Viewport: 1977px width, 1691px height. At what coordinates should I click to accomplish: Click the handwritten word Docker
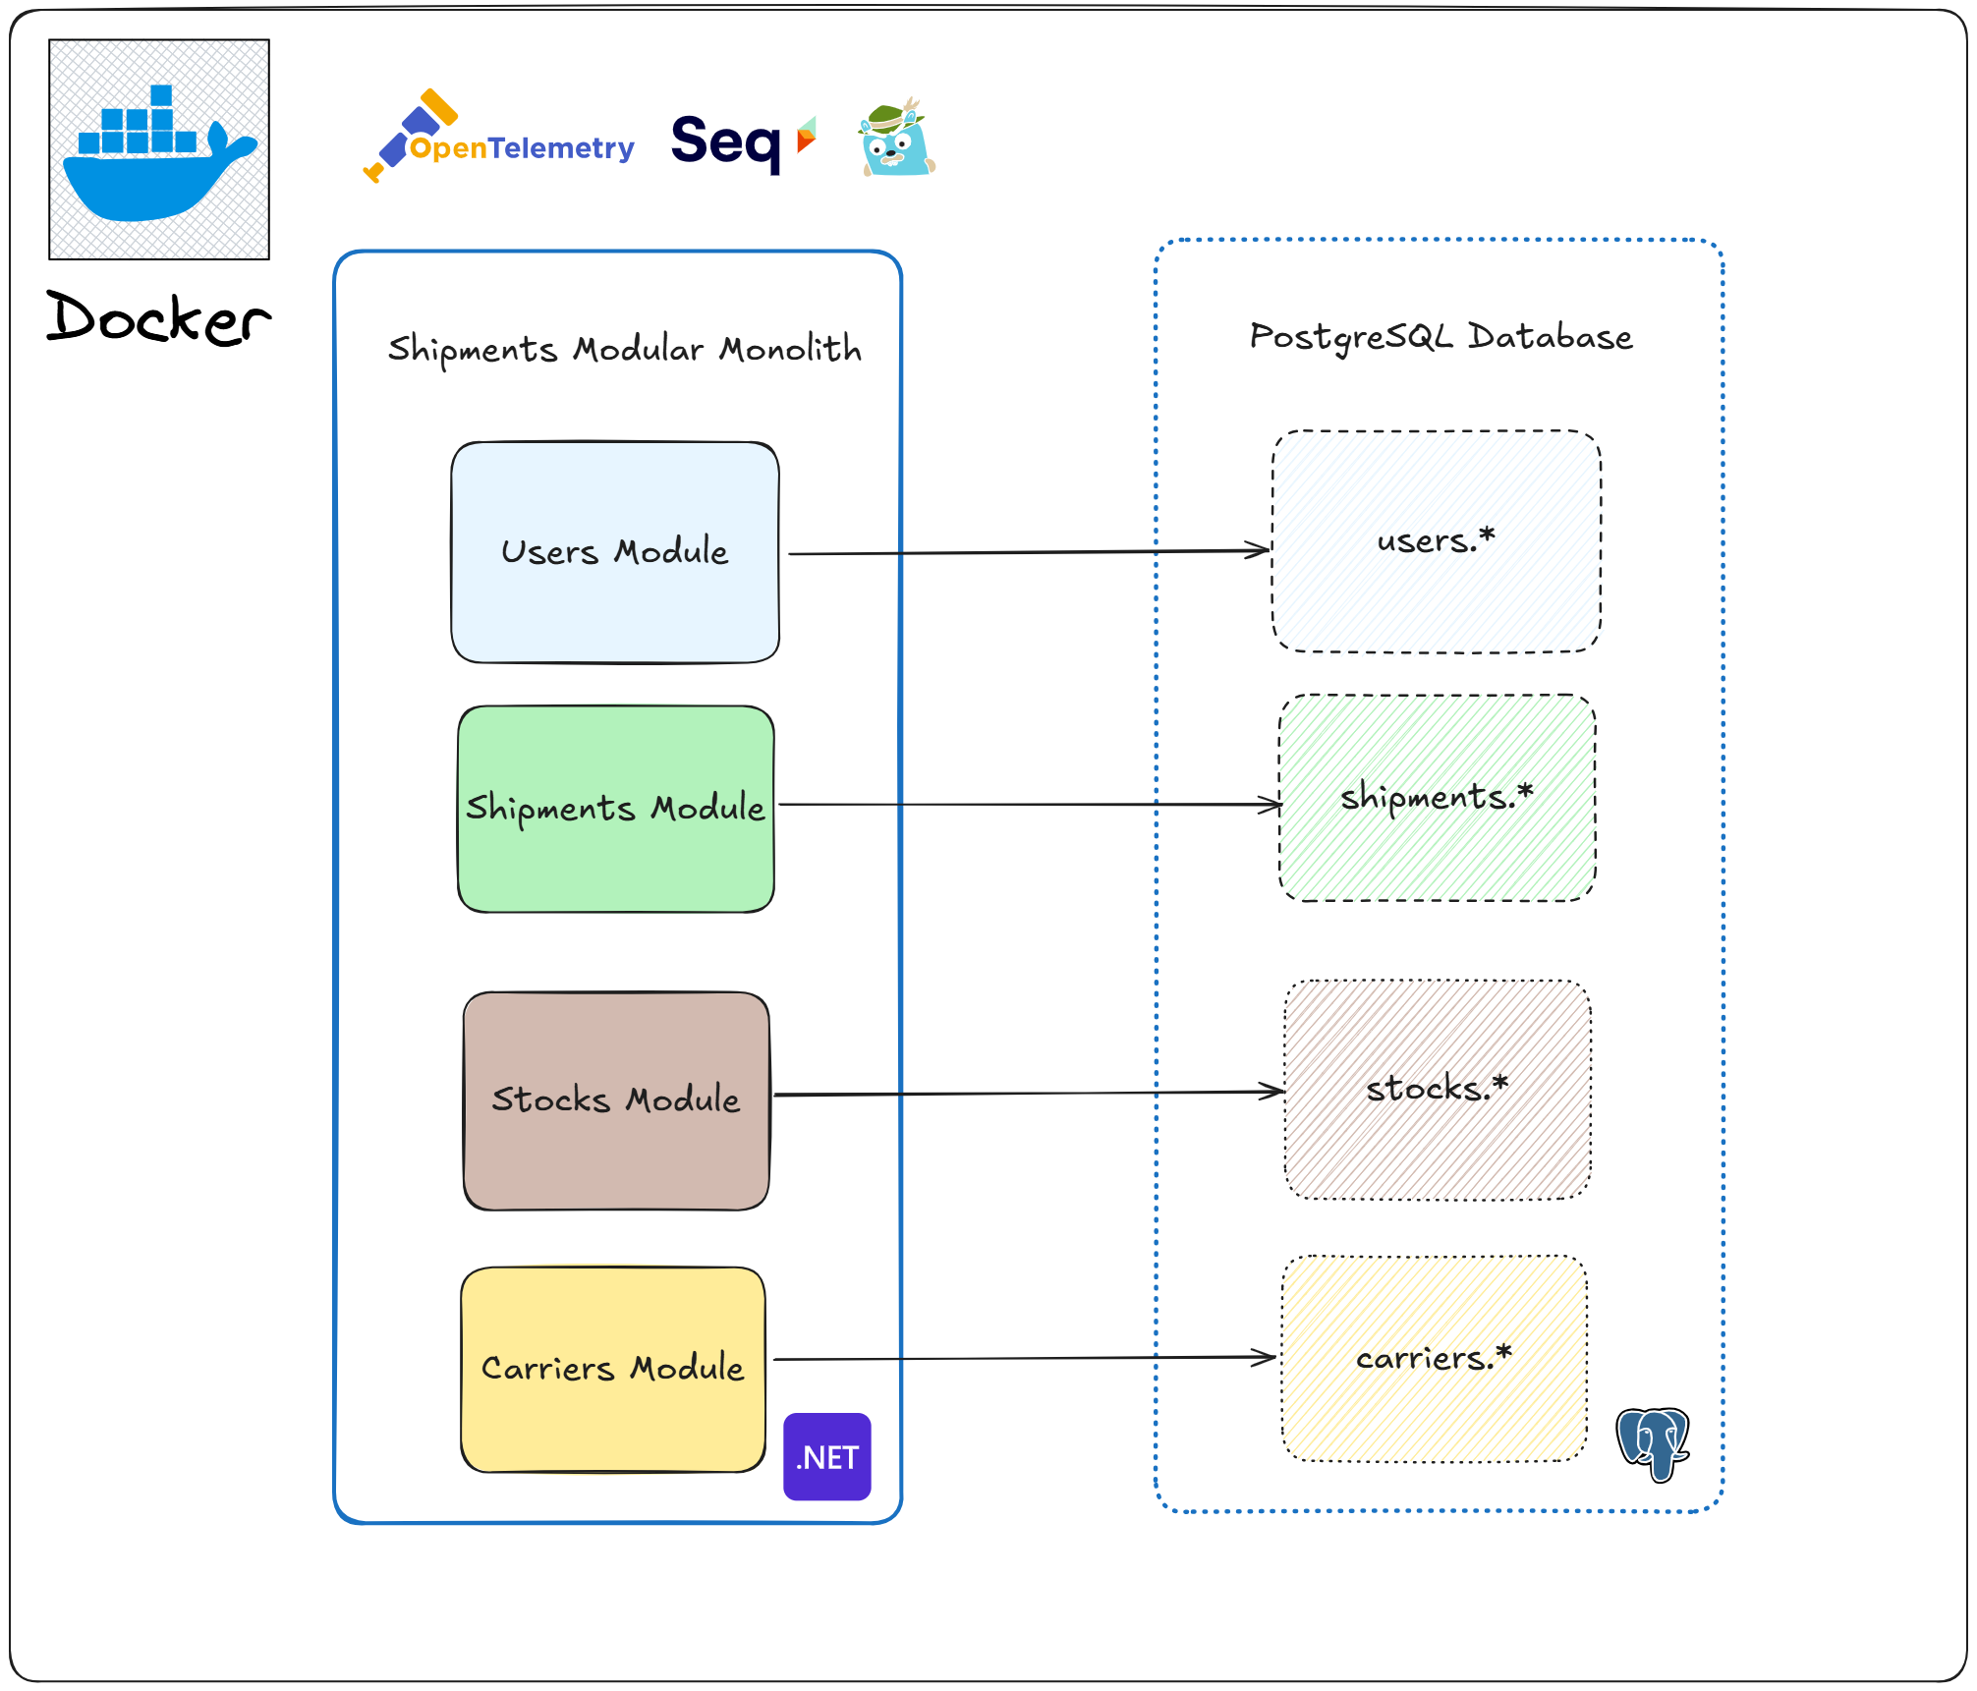coord(159,318)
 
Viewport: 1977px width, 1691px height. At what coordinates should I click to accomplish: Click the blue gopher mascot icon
coord(896,140)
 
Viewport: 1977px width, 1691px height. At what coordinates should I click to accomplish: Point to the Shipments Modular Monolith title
coord(625,349)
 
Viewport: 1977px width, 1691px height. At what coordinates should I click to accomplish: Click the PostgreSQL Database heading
coord(1440,337)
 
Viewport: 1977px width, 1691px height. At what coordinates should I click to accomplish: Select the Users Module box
coord(615,552)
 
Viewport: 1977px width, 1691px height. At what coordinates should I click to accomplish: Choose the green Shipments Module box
coord(616,809)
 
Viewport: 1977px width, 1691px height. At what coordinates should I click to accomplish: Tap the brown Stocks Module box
coord(616,1100)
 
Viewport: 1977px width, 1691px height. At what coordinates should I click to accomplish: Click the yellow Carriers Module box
coord(613,1369)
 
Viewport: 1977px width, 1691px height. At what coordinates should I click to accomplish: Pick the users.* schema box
coord(1436,541)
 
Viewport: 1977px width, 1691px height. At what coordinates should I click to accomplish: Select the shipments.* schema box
coord(1437,797)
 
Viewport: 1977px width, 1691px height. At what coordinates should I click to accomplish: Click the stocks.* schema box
coord(1437,1089)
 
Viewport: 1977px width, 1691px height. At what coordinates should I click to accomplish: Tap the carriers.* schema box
coord(1434,1358)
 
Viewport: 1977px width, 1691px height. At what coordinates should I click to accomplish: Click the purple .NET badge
coord(827,1456)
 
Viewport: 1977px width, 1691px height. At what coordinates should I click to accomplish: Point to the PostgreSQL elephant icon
coord(1654,1443)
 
